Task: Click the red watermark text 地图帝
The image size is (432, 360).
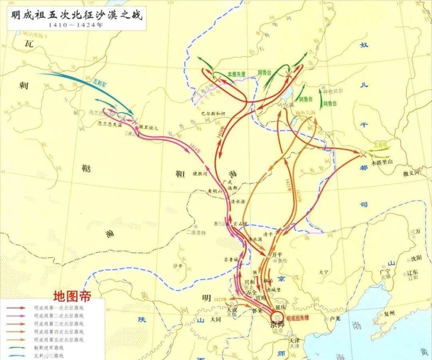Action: click(x=72, y=296)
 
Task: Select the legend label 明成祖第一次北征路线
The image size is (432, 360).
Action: click(x=58, y=308)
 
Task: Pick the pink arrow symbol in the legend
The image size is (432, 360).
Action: click(x=18, y=316)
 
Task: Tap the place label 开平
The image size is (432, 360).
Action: click(x=277, y=254)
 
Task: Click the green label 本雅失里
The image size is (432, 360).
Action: click(x=236, y=74)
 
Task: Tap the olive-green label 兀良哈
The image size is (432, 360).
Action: click(x=380, y=143)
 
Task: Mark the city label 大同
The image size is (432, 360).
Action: click(x=216, y=320)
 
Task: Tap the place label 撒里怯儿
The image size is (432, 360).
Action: click(x=149, y=127)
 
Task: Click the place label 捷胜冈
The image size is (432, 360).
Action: click(x=200, y=174)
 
